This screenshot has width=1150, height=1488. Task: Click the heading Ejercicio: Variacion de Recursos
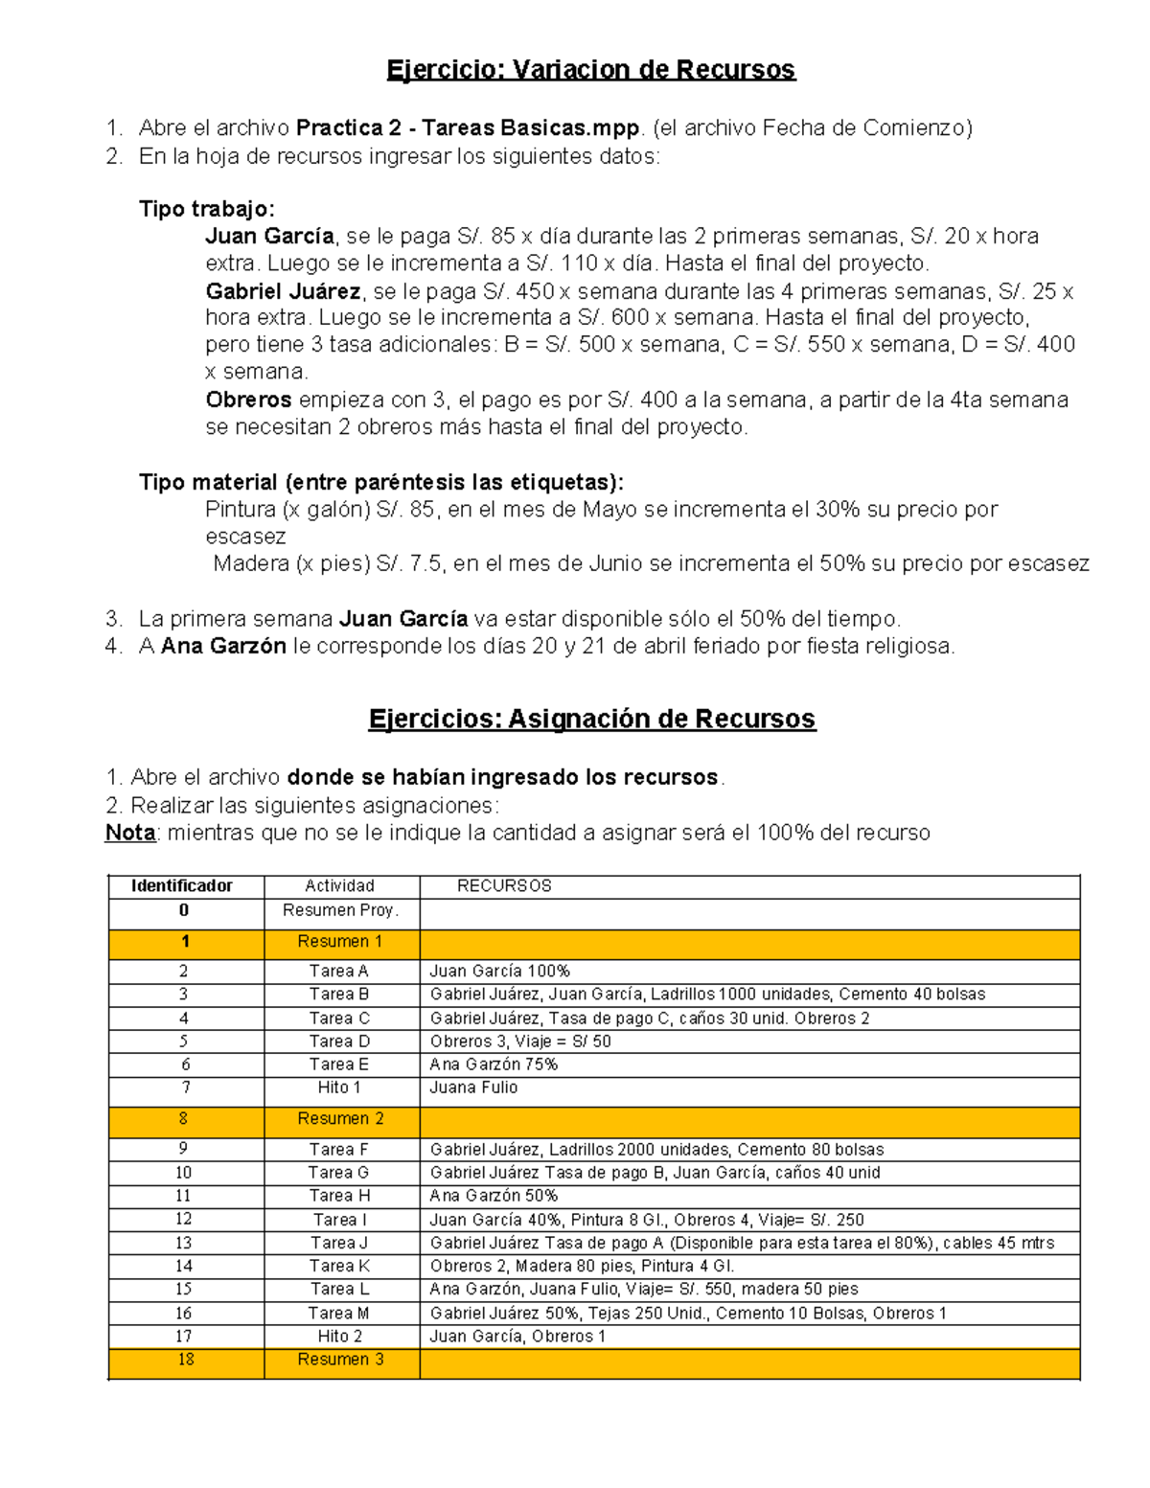(590, 70)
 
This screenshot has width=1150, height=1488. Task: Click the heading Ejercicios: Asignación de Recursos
(591, 719)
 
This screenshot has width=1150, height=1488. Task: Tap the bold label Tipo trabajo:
(207, 209)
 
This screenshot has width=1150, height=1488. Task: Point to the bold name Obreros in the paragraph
(248, 400)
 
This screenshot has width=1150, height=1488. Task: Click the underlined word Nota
(130, 833)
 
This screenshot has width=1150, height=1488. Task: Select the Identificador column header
(182, 886)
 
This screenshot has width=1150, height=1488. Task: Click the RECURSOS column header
(504, 886)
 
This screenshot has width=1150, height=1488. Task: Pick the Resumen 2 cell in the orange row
(340, 1119)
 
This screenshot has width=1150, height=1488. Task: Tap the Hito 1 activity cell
(339, 1087)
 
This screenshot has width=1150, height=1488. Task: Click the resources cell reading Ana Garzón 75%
(494, 1064)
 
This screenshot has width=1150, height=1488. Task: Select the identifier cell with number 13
(183, 1243)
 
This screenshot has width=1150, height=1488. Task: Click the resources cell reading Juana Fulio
(473, 1087)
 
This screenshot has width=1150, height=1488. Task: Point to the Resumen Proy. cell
(340, 910)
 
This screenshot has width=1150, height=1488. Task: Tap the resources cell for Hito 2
(517, 1337)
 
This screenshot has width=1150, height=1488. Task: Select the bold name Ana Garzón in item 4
(223, 647)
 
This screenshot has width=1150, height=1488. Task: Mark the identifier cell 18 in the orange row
(185, 1360)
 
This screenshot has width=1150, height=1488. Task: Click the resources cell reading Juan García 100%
(499, 972)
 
